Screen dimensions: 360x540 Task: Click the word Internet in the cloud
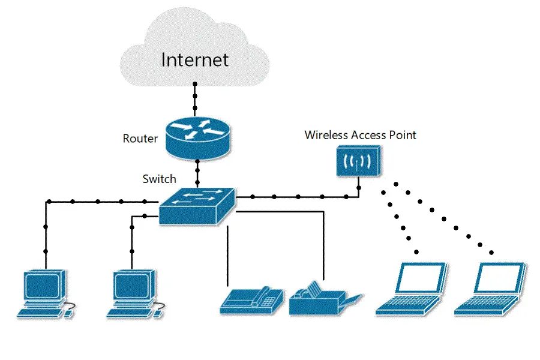click(195, 59)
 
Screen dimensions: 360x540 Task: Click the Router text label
click(140, 139)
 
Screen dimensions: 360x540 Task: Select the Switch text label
click(159, 179)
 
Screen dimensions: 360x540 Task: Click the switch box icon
click(197, 206)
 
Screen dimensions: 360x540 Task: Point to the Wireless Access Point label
click(360, 135)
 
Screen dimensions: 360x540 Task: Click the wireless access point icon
click(358, 162)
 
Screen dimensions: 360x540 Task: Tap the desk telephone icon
click(253, 299)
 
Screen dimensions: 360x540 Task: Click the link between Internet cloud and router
click(194, 99)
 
